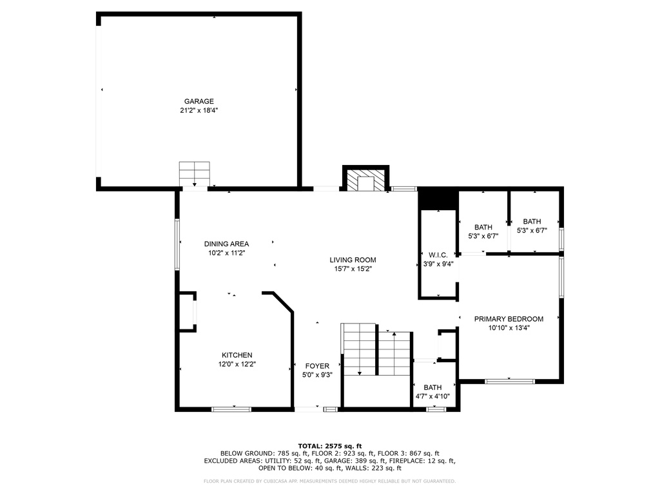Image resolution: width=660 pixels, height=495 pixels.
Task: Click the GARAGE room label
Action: pyautogui.click(x=199, y=101)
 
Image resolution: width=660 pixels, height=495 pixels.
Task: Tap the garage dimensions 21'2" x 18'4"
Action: pyautogui.click(x=199, y=110)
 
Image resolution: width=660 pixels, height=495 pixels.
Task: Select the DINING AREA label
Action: pyautogui.click(x=226, y=244)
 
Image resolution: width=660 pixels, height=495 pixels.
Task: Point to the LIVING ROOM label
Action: pyautogui.click(x=353, y=260)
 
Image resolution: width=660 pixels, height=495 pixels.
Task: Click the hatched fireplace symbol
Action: pyautogui.click(x=366, y=180)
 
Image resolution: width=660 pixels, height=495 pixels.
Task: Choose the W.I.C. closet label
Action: pyautogui.click(x=438, y=255)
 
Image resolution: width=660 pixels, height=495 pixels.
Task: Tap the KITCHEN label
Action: pyautogui.click(x=237, y=355)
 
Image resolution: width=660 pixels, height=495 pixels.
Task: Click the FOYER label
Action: pyautogui.click(x=317, y=366)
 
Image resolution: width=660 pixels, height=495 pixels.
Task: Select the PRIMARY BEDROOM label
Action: pyautogui.click(x=509, y=318)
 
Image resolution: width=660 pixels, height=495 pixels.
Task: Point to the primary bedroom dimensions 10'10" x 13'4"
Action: pyautogui.click(x=509, y=328)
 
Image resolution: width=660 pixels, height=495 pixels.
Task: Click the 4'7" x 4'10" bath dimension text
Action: pyautogui.click(x=432, y=396)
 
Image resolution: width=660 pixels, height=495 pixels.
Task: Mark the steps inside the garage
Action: pyautogui.click(x=195, y=174)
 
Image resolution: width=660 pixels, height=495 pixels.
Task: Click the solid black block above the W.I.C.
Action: pyautogui.click(x=438, y=200)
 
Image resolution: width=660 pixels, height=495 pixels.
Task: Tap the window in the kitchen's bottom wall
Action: pyautogui.click(x=231, y=409)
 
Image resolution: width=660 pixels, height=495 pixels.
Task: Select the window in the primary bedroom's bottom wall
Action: pyautogui.click(x=510, y=382)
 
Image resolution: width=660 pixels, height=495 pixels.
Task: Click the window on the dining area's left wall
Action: pyautogui.click(x=177, y=244)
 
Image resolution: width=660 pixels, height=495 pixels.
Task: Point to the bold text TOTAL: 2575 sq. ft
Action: pyautogui.click(x=330, y=446)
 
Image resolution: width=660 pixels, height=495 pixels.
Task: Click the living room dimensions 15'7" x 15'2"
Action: pyautogui.click(x=353, y=269)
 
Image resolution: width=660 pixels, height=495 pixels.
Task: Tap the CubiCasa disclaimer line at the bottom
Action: pyautogui.click(x=329, y=481)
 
